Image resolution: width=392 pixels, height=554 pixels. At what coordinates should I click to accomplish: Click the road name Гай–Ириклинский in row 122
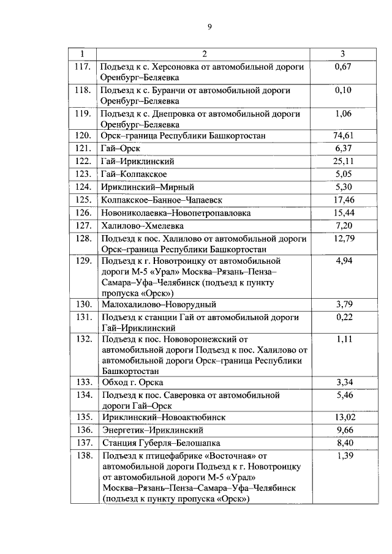pos(137,162)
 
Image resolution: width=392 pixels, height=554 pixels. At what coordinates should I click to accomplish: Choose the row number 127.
pos(82,226)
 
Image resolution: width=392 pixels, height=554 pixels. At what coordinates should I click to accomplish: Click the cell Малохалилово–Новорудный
pos(159,304)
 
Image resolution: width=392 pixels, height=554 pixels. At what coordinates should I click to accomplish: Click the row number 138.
pos(82,456)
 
